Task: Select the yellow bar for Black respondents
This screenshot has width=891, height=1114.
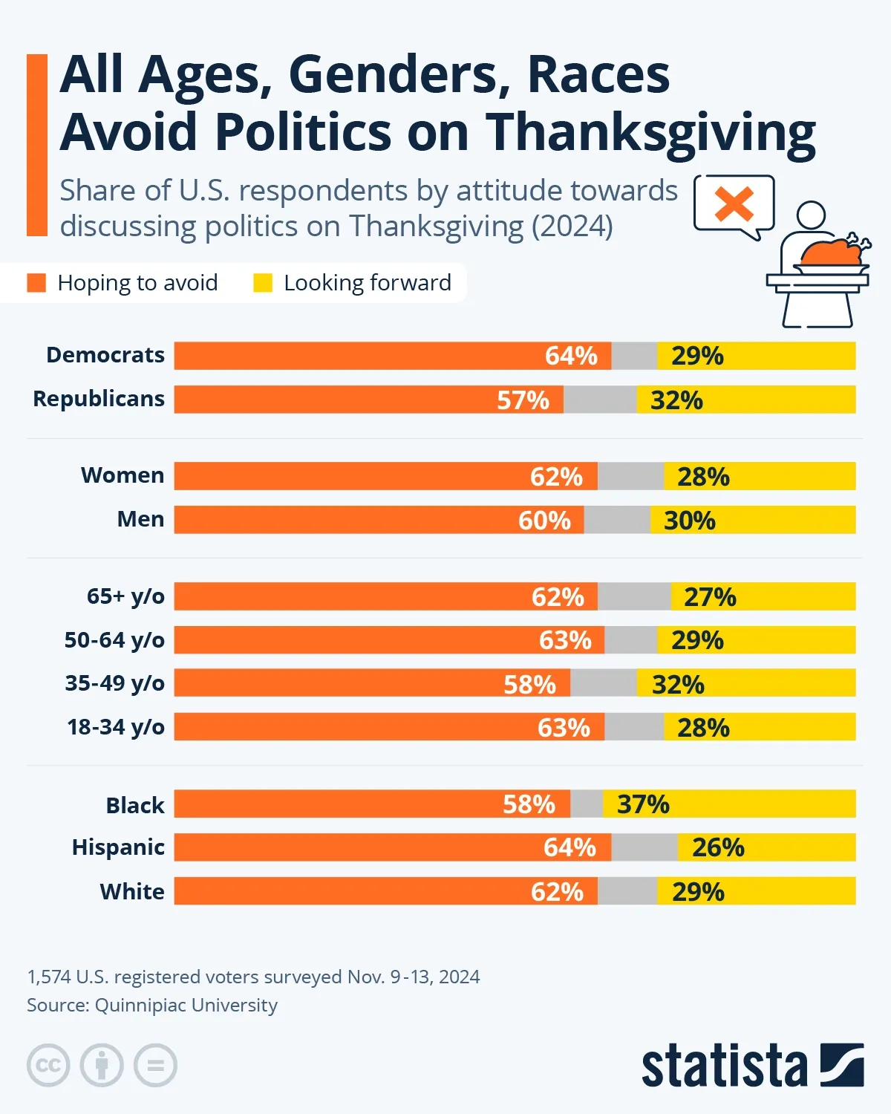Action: coord(765,804)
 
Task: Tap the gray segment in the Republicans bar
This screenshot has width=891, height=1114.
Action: coord(600,400)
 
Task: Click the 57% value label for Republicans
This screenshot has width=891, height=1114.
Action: coord(523,400)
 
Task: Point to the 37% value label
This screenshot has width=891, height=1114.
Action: coord(643,804)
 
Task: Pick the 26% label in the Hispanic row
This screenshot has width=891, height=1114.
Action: coord(718,847)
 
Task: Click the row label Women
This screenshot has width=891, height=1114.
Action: coord(123,475)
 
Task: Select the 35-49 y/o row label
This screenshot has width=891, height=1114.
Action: coord(114,683)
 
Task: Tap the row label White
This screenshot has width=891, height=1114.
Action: coord(132,891)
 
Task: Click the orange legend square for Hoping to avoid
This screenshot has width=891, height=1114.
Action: coord(36,283)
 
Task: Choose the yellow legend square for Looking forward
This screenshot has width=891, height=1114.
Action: coord(263,283)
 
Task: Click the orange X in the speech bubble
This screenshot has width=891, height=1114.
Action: coord(734,204)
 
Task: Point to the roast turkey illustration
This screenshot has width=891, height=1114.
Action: coord(832,253)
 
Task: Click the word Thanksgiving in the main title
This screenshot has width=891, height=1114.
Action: coord(650,132)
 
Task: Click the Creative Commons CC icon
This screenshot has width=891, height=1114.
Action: coord(48,1066)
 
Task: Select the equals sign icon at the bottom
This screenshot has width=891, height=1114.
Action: coord(155,1066)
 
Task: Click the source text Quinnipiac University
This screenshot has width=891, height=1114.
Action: coord(186,1006)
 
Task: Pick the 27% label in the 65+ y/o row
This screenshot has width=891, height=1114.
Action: coord(710,597)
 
